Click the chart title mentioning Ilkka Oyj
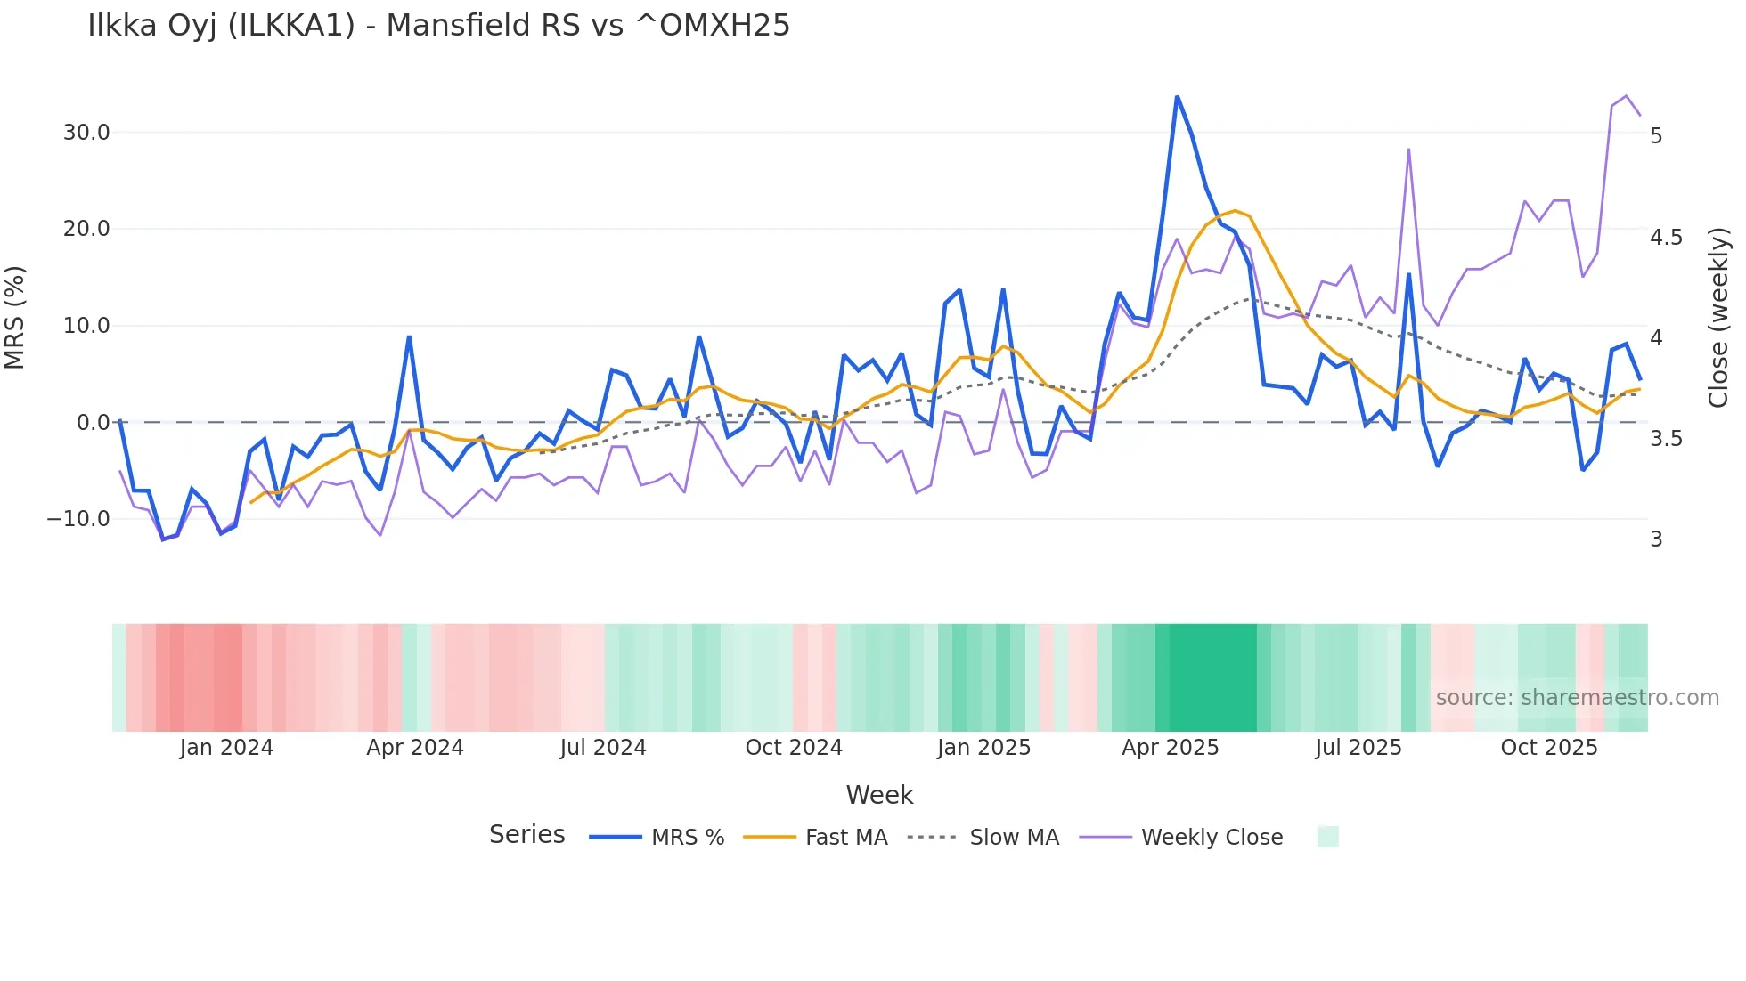point(438,25)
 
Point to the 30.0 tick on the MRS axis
point(86,133)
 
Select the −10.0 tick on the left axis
point(78,519)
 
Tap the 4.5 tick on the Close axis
point(1666,237)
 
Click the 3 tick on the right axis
point(1656,539)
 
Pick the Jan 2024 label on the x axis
point(226,748)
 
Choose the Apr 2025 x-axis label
point(1170,748)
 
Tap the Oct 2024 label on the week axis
point(793,748)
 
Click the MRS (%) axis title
point(14,317)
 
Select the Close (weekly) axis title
point(1718,317)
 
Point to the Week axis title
point(879,795)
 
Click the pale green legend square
point(1327,837)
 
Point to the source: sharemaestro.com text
point(1577,698)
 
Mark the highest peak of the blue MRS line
point(1177,96)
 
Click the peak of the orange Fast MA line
point(1235,211)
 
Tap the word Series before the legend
point(526,835)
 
